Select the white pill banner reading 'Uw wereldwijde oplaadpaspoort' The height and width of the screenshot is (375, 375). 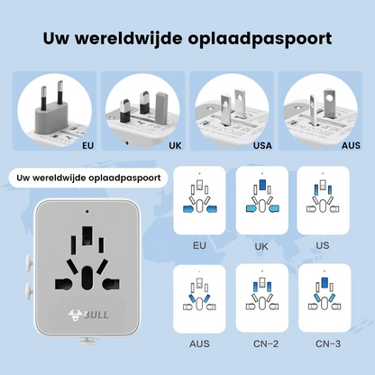tap(88, 177)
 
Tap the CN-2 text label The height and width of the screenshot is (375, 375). tap(263, 343)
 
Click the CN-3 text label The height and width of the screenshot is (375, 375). tap(326, 343)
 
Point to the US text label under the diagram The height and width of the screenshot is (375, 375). tap(324, 245)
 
